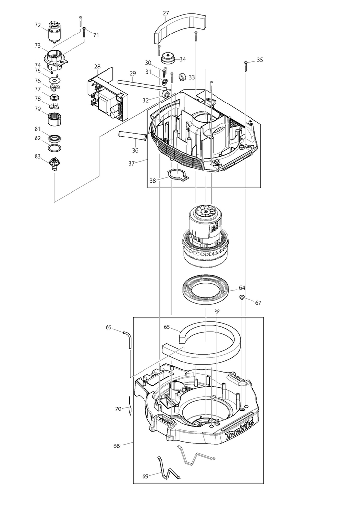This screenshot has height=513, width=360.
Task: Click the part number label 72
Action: click(x=38, y=25)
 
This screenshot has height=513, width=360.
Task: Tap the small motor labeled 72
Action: click(x=53, y=32)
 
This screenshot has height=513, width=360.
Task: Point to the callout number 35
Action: click(x=260, y=60)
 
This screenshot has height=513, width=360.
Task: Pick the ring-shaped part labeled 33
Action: click(x=182, y=78)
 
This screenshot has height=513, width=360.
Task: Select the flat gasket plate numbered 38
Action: click(x=177, y=175)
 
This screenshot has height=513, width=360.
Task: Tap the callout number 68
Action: click(x=117, y=446)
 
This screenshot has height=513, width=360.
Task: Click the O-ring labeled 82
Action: click(x=54, y=148)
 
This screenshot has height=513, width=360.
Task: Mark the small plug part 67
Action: click(x=242, y=297)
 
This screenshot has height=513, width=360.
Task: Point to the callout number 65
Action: click(x=167, y=327)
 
